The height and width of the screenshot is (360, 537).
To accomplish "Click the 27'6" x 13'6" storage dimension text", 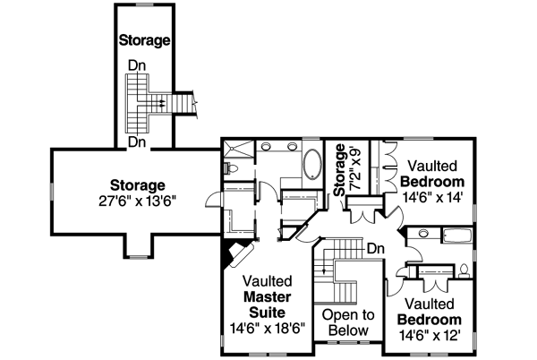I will coord(138,201).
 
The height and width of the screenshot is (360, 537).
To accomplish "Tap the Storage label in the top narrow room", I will coord(144,40).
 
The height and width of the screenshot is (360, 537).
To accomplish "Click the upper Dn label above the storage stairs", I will coord(136,64).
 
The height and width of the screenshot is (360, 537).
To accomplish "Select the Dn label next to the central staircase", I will coord(376,248).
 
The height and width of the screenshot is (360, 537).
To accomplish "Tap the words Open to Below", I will coord(348,322).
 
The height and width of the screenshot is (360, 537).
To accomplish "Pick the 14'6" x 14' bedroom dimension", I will coord(432,197).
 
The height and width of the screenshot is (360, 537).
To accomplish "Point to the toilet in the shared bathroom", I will coord(465,268).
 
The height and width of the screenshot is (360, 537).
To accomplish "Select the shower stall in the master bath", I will coord(237,150).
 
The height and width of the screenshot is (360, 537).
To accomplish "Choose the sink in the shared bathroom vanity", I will coord(422,235).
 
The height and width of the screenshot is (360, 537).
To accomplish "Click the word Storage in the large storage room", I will coord(138,185).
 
